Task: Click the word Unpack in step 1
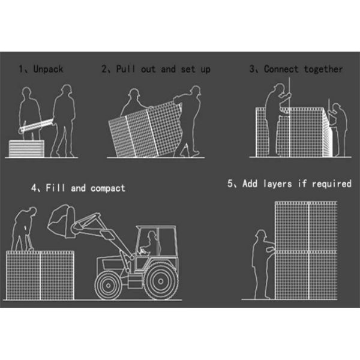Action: click(x=48, y=69)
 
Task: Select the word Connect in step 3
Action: click(x=281, y=69)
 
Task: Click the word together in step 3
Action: click(x=323, y=69)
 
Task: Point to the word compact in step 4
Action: click(x=108, y=188)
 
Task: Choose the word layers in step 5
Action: click(x=278, y=184)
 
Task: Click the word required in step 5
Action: click(x=332, y=184)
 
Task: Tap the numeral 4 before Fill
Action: click(x=34, y=188)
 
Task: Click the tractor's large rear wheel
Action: click(x=161, y=281)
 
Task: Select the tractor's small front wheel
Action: click(x=109, y=286)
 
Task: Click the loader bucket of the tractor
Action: click(x=61, y=221)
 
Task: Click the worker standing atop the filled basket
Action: click(x=23, y=229)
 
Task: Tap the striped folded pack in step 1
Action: click(x=26, y=149)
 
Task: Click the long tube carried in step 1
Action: click(x=37, y=125)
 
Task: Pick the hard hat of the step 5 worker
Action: click(x=261, y=233)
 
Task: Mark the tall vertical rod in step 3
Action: click(x=289, y=116)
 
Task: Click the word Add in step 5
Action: click(x=250, y=184)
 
